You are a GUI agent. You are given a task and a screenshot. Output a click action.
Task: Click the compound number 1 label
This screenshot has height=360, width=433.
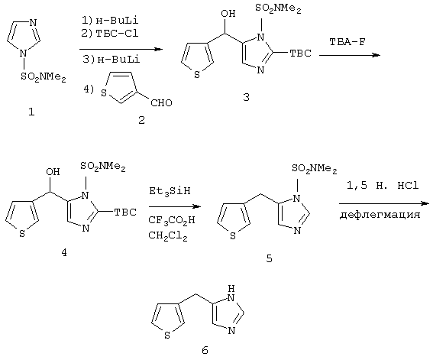[32, 112]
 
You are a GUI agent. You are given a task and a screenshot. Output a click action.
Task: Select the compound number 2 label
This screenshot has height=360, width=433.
[141, 120]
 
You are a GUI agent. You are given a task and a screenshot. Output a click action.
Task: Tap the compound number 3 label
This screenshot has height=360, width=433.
[246, 97]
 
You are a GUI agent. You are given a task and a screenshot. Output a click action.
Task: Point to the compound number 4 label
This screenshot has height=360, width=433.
[64, 252]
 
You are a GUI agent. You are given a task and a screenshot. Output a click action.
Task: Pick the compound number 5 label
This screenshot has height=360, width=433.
[269, 258]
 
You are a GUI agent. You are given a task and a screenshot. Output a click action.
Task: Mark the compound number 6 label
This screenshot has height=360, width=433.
[205, 350]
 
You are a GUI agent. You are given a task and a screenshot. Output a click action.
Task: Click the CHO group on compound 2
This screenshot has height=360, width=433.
[161, 102]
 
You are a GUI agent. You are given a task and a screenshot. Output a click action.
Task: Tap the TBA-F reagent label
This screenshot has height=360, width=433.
[347, 42]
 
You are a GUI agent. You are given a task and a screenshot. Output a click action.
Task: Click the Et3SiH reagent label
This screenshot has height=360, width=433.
[170, 191]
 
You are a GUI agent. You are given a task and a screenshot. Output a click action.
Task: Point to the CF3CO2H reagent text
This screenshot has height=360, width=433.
[172, 220]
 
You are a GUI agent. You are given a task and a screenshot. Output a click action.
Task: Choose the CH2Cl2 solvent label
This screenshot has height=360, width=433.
[168, 235]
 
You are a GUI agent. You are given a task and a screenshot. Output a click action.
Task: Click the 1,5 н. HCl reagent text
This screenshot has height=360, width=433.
[383, 186]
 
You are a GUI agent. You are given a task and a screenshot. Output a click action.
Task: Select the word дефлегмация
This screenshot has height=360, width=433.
[380, 215]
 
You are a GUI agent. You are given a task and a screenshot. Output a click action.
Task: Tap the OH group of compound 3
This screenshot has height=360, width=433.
[228, 13]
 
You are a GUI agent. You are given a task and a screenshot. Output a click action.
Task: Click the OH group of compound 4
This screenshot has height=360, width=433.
[53, 171]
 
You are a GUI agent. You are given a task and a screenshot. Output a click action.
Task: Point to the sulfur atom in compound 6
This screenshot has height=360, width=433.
[167, 336]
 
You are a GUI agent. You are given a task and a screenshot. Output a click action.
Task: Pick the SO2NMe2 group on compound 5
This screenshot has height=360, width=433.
[315, 168]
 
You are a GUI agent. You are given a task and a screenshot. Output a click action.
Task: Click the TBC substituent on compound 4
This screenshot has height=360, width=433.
[125, 212]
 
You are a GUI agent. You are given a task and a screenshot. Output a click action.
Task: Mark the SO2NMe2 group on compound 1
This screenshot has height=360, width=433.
[44, 76]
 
